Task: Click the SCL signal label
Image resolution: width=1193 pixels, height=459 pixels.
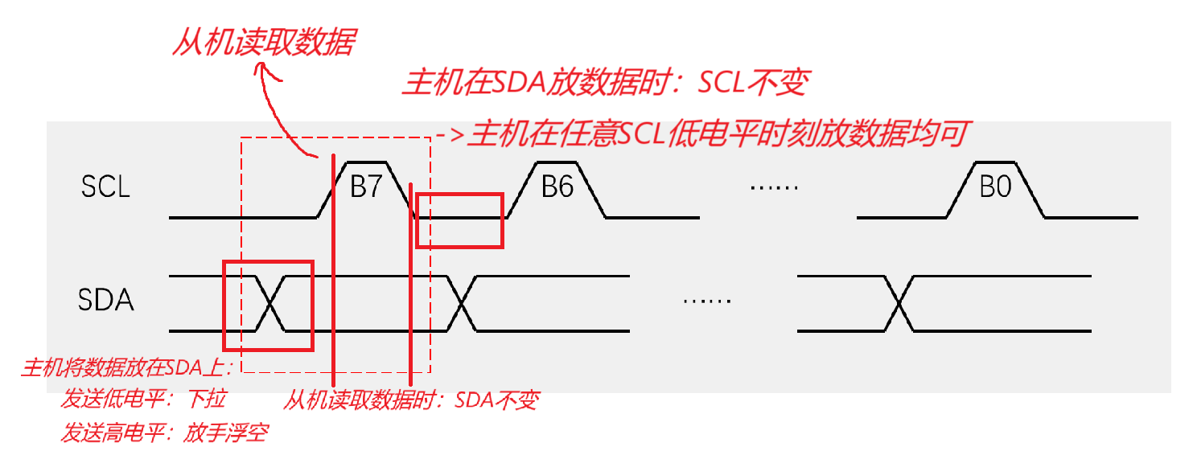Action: (105, 188)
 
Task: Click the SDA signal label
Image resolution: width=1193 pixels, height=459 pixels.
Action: (105, 301)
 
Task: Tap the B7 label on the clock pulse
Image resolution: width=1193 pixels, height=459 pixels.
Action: (366, 188)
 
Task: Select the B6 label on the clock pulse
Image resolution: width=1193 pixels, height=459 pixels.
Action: (557, 188)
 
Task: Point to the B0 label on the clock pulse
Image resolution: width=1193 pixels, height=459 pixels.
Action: (995, 188)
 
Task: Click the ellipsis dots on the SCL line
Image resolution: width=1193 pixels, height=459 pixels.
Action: (773, 188)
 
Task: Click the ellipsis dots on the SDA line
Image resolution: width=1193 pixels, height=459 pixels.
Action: (706, 301)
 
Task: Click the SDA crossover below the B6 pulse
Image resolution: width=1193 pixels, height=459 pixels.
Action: (461, 303)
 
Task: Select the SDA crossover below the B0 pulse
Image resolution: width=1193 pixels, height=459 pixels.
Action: (898, 303)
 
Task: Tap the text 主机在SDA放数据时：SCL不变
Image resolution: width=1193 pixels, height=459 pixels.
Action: (606, 83)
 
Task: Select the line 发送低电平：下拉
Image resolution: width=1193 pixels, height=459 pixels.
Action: (143, 400)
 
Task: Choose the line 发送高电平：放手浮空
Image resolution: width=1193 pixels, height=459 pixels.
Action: (163, 434)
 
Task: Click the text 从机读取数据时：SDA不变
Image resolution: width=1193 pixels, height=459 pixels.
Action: (410, 400)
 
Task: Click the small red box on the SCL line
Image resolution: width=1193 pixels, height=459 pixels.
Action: (459, 219)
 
